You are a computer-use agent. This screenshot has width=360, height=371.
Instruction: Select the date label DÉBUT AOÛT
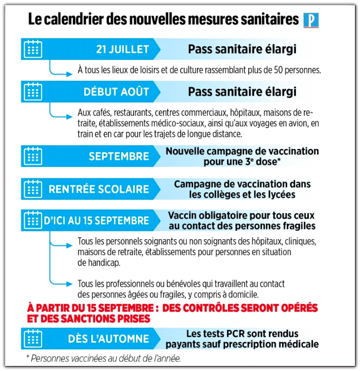[x=116, y=91]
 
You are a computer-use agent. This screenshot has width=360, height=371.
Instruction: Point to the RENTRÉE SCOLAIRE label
[x=98, y=189]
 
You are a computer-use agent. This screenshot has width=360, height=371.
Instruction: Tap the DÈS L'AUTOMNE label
[x=116, y=338]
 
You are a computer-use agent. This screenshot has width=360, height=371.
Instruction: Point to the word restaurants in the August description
[x=127, y=113]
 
